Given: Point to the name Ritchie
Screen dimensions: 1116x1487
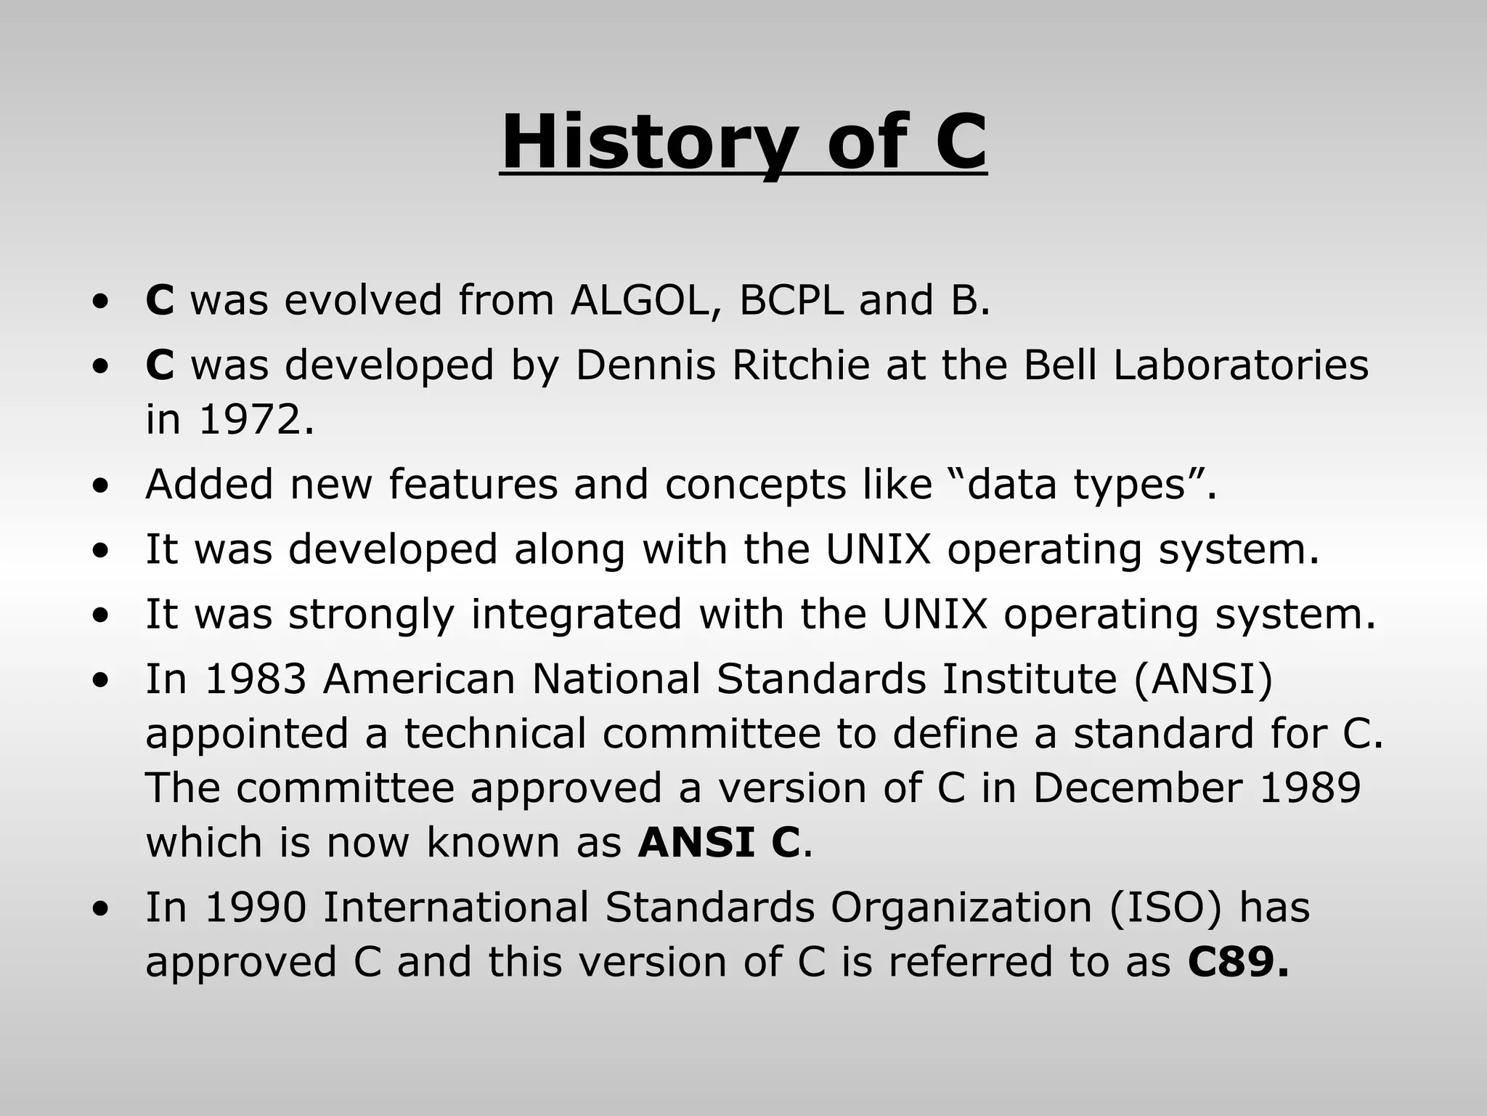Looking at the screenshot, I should [800, 365].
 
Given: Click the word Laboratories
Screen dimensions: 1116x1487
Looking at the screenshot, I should [1240, 365].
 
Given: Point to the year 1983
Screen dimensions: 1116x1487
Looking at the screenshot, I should [256, 679].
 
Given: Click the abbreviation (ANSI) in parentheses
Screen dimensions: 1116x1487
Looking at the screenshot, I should [1202, 679].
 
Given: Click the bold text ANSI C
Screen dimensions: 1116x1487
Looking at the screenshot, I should [719, 842].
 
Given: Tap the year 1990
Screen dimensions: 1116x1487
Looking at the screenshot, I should [256, 907].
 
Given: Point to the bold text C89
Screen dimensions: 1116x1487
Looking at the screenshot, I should [1237, 962].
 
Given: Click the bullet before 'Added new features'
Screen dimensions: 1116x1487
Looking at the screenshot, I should [102, 485].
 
